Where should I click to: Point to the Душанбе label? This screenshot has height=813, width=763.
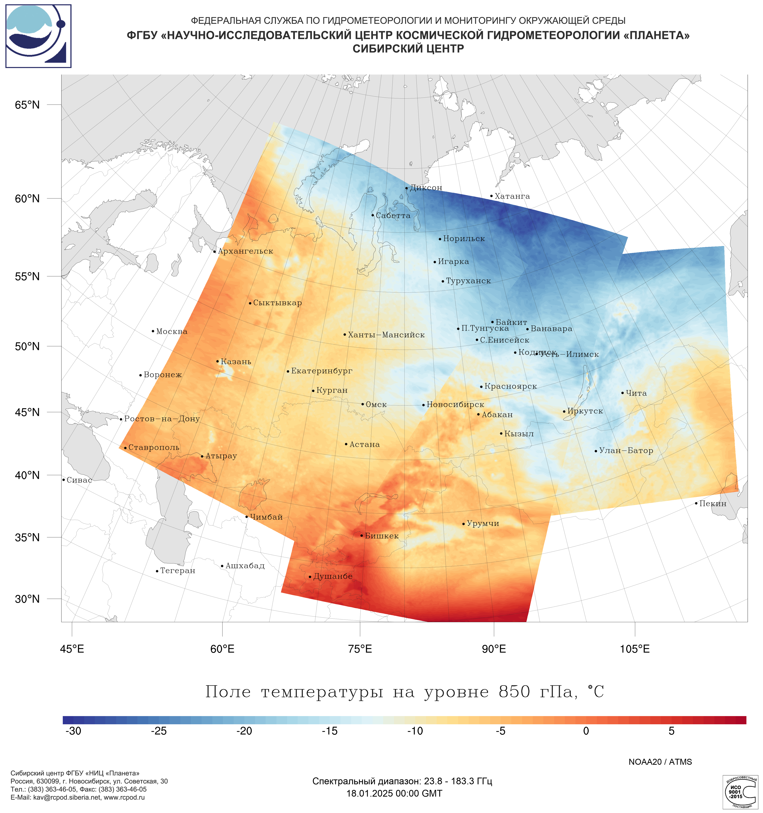tap(333, 576)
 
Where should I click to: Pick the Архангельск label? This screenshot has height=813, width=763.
tap(245, 251)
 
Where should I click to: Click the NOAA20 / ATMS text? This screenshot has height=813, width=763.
tap(660, 762)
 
